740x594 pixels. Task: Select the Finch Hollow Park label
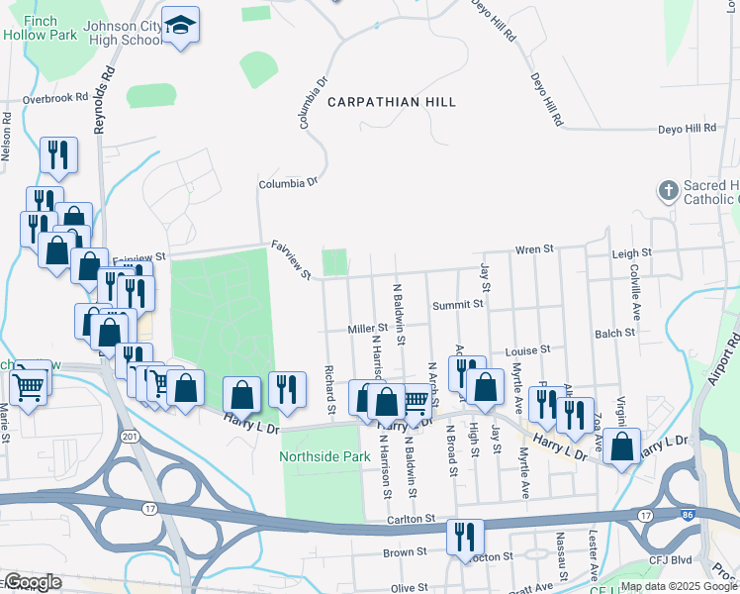coord(42,26)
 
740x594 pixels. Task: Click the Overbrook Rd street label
coord(55,99)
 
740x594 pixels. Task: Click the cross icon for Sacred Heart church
coord(668,189)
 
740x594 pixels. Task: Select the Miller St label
coord(367,329)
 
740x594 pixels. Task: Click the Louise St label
coord(526,350)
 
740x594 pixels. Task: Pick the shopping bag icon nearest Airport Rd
coord(621,445)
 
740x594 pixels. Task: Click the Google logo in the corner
coord(32,582)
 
